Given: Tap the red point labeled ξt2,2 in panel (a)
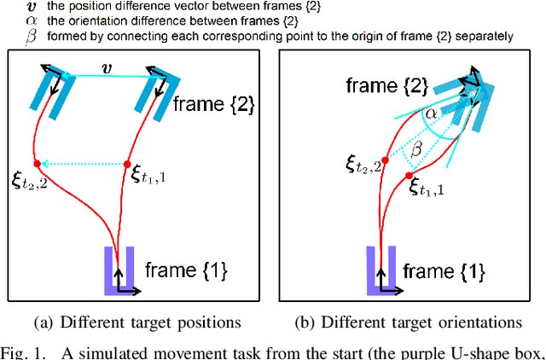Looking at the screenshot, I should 37,163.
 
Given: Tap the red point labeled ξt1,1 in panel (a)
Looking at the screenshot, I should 127,164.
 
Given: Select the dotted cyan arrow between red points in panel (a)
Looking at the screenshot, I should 82,163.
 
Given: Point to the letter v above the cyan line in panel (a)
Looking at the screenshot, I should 106,65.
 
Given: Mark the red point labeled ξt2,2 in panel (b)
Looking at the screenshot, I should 386,160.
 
